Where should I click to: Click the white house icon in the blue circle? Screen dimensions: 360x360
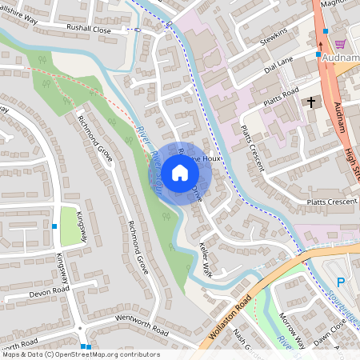pos(180,172)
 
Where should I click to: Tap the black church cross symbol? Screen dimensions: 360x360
pos(312,102)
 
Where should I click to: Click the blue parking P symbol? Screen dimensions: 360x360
pos(340,282)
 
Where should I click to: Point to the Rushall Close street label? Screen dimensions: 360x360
pos(88,27)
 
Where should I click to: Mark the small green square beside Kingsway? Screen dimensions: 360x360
pos(70,226)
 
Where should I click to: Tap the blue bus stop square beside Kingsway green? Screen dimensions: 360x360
pos(54,226)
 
